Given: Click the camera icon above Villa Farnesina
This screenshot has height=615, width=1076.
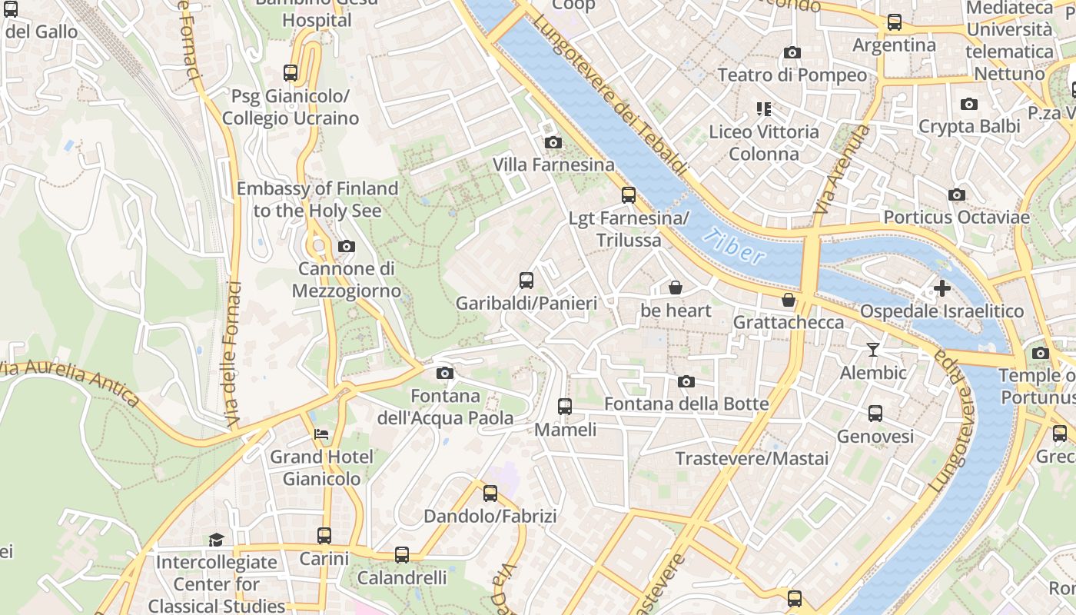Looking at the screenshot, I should click(x=553, y=142).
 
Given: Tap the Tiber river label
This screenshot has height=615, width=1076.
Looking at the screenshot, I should click(x=734, y=247).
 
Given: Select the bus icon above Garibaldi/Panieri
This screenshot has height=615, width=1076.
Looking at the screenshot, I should click(x=526, y=281).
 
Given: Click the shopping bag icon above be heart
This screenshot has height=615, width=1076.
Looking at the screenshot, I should click(x=675, y=288).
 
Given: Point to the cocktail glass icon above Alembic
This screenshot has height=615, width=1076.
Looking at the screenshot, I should click(x=872, y=350).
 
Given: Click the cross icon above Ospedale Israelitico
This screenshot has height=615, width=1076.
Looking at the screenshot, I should click(x=942, y=289).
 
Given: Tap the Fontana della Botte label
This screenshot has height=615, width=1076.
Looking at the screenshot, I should click(x=686, y=404).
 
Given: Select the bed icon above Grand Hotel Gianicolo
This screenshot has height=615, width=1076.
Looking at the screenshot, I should click(x=321, y=434).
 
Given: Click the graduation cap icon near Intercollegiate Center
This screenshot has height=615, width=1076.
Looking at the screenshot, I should click(x=216, y=540).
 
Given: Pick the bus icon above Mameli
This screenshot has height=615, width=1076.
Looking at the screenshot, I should click(x=565, y=407).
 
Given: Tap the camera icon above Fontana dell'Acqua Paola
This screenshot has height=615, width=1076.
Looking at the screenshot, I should click(x=444, y=374).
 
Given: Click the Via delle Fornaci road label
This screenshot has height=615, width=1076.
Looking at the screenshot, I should click(x=232, y=354).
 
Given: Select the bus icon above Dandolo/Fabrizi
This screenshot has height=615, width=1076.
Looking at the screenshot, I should click(x=490, y=494).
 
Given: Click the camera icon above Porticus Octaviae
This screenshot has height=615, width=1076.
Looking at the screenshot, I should click(x=957, y=195).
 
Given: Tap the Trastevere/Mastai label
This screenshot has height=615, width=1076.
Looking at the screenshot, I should click(x=752, y=459).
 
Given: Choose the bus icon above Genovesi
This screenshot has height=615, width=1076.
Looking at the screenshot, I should click(x=875, y=414).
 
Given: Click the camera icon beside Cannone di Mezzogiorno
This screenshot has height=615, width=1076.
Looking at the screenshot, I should click(x=347, y=247).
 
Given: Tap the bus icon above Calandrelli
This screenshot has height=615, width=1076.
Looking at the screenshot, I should click(x=402, y=555).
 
